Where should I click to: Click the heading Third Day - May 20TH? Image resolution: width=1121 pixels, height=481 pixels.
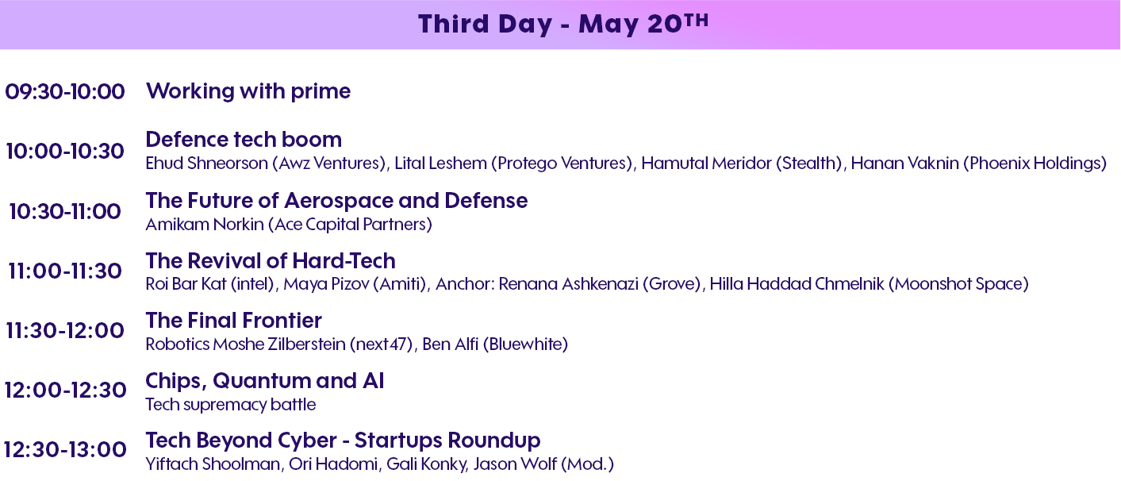tap(563, 24)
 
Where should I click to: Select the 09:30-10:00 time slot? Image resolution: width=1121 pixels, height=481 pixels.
tap(65, 91)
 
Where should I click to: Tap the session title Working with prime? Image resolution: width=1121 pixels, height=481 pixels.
tap(248, 91)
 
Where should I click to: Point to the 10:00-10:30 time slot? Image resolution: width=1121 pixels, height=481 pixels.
tap(65, 151)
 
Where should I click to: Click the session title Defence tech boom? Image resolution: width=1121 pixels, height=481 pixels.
tap(244, 139)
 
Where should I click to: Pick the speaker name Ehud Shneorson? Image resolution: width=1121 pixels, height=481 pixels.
tap(207, 164)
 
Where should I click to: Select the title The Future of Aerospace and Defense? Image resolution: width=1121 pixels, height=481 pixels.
tap(337, 200)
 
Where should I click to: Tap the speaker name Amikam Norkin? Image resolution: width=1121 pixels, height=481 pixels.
tap(205, 225)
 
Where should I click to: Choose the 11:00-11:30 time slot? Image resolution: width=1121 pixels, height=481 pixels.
tap(65, 271)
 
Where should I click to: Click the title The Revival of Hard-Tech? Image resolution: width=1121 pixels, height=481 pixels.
tap(271, 261)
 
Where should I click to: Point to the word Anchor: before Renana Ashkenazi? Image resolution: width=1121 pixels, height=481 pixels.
tap(465, 284)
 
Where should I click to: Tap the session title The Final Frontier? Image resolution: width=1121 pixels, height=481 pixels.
tap(234, 321)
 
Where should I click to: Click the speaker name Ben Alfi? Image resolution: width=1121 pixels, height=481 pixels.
tap(451, 344)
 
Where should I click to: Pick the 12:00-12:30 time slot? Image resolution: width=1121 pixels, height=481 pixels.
tap(65, 391)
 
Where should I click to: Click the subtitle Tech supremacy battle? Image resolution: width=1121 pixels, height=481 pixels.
tap(231, 405)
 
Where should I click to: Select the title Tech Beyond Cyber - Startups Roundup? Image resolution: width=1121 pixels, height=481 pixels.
tap(344, 441)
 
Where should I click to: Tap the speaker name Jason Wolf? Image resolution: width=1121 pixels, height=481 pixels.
tap(515, 464)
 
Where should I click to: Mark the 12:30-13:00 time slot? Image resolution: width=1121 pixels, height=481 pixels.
tap(65, 450)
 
